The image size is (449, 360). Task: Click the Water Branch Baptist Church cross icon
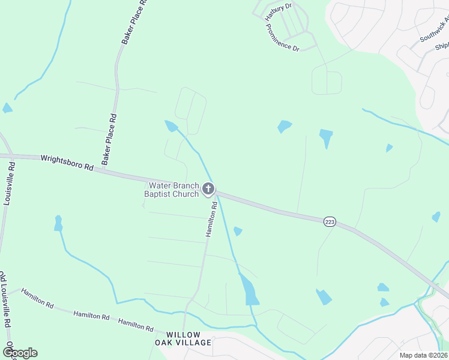coord(208,190)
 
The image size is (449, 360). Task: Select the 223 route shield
coord(330,222)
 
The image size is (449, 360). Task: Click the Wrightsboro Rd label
coord(67,163)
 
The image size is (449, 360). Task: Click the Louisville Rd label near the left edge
coord(10,183)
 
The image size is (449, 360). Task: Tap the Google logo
coord(20,352)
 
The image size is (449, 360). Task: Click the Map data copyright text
coord(423,355)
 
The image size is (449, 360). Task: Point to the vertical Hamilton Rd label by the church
coord(210,219)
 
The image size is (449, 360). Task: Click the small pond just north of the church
coord(171,125)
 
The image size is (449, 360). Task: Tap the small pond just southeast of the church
coord(238,231)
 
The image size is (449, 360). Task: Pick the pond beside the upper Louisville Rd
coord(7,108)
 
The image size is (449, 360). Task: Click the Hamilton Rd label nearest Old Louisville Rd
coord(38,298)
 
